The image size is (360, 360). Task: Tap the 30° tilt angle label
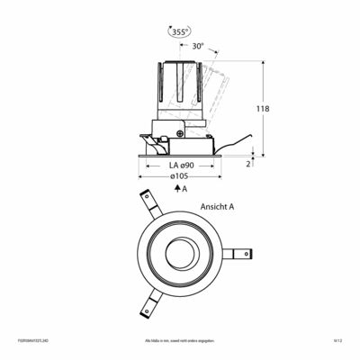198,45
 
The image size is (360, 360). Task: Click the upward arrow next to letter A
177,190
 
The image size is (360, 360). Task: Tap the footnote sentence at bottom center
180,341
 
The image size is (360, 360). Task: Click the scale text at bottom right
338,341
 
